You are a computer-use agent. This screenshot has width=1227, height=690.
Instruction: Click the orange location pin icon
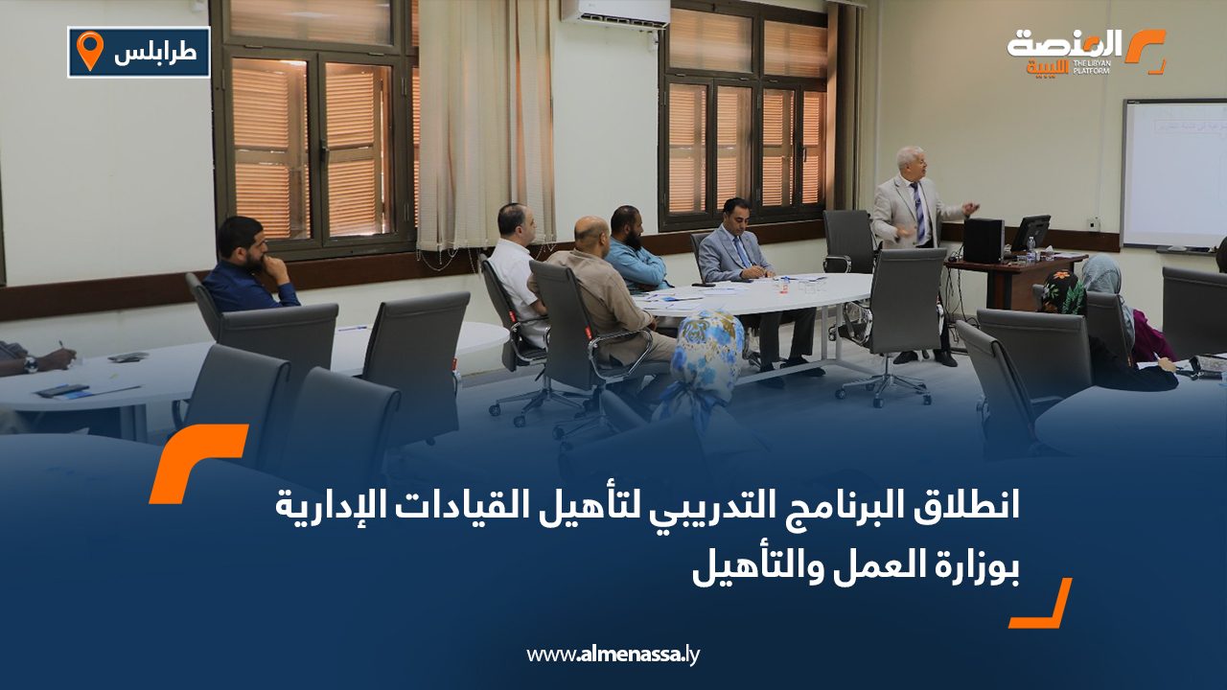coord(89,51)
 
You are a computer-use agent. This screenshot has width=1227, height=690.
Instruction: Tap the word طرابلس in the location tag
coord(155,53)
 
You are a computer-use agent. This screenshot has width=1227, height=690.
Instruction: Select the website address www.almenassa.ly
coord(613,655)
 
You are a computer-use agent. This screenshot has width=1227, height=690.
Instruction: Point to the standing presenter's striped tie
coord(917,213)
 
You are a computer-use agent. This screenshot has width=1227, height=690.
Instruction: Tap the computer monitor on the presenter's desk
coord(1030,232)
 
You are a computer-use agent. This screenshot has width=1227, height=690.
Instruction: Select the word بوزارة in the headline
coord(971,569)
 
